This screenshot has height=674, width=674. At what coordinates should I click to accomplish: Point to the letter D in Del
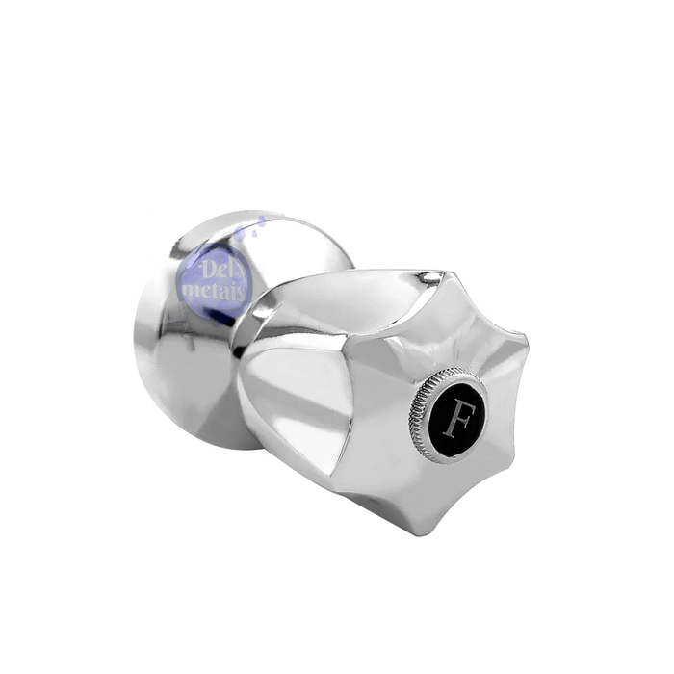(x=208, y=271)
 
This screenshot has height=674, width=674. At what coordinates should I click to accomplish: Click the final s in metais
(x=242, y=294)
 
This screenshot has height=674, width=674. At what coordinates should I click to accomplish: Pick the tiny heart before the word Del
(x=197, y=266)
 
